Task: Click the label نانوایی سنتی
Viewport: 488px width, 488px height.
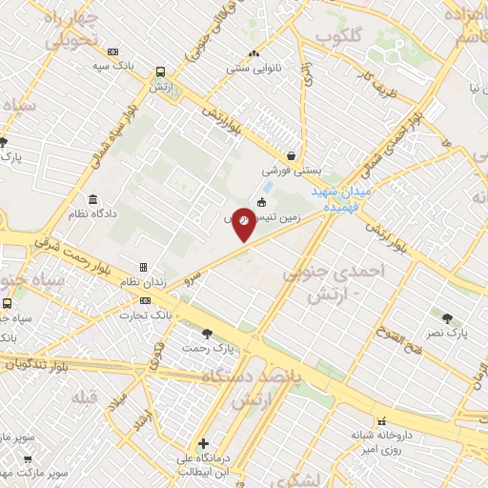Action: click(x=253, y=69)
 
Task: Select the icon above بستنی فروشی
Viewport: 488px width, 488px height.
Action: click(x=291, y=156)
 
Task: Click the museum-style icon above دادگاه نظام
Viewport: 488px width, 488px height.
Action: click(x=92, y=200)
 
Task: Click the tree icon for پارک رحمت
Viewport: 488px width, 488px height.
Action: click(x=207, y=333)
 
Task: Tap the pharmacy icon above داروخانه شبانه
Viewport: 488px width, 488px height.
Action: click(x=381, y=420)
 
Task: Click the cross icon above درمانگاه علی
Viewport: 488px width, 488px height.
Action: click(x=203, y=443)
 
